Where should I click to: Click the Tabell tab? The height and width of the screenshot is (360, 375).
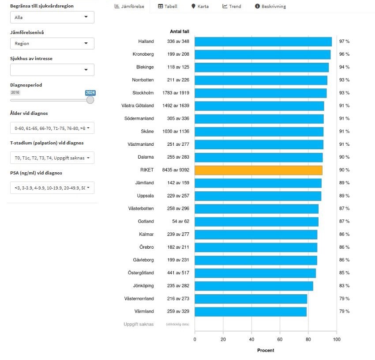point(168,7)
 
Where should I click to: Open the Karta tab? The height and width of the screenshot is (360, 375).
point(200,7)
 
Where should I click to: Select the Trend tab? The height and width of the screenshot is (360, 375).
point(232,7)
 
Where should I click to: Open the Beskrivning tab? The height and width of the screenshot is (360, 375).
point(270,7)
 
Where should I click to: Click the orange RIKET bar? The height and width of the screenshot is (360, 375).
point(258,170)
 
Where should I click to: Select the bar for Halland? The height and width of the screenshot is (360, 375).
point(263,42)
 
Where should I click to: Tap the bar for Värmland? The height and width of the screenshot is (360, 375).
point(250,312)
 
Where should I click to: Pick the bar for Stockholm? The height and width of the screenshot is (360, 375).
point(260,93)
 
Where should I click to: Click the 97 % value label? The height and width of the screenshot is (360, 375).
point(344,42)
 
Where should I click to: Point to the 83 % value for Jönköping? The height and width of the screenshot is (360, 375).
point(344,286)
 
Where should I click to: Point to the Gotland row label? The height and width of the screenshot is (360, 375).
point(146,221)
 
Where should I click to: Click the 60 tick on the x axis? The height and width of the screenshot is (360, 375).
point(280,339)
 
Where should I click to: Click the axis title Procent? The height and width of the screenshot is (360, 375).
point(266,350)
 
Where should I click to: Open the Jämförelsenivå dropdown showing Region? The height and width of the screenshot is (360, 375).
point(52,44)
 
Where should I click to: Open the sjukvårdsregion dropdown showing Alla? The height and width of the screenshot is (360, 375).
point(52,17)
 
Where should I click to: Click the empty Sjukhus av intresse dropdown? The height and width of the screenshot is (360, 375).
point(52,70)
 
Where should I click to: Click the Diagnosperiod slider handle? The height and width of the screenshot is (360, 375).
point(90,100)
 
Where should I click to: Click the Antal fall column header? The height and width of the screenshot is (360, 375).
point(180,31)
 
